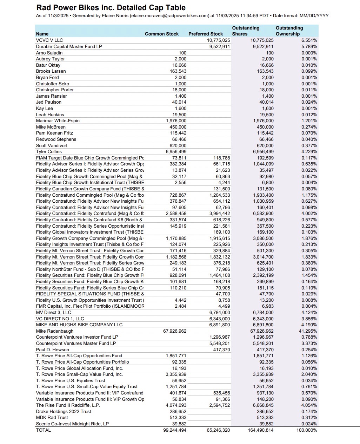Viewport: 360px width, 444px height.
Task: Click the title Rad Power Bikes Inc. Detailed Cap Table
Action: tap(111, 7)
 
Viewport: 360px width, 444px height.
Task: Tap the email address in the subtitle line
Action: tap(169, 16)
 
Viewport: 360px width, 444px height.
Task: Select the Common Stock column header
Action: tap(162, 34)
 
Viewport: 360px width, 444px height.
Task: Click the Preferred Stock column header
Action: tap(206, 34)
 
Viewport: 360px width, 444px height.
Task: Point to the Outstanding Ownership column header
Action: tap(289, 31)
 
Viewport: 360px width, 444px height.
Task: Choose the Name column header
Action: tap(42, 34)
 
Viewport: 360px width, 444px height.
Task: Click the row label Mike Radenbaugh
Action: tap(55, 331)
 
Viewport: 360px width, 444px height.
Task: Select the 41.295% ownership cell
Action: tap(309, 331)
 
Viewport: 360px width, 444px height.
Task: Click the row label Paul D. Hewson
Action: tap(53, 350)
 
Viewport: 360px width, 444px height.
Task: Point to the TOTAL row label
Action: tap(44, 430)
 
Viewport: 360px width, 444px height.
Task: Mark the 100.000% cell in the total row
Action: tap(307, 430)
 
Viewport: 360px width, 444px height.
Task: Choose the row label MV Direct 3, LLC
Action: tap(54, 312)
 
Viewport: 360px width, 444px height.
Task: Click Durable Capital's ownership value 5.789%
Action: tap(309, 46)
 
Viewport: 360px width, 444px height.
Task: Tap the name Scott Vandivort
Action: tap(52, 145)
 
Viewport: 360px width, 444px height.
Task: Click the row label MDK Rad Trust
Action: tap(52, 417)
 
